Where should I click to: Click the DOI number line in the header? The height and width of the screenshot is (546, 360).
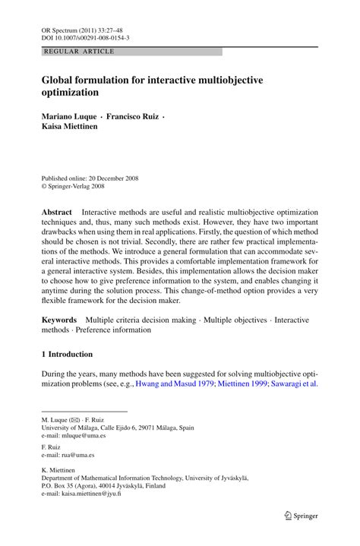click(x=84, y=36)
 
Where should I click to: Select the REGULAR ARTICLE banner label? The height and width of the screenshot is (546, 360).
click(x=80, y=52)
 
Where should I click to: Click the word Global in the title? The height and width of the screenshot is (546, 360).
click(x=60, y=78)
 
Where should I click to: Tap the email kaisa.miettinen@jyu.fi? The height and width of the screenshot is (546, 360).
click(x=99, y=494)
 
